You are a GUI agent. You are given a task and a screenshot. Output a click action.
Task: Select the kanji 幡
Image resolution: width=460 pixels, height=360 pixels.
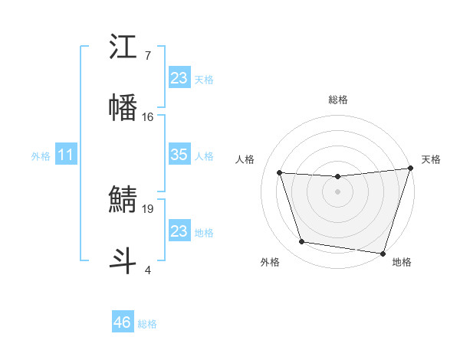click(x=123, y=107)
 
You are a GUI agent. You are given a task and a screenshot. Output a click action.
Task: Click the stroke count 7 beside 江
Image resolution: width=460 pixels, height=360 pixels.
click(x=148, y=56)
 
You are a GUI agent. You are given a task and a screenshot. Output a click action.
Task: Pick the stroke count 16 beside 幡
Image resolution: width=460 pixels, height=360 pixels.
click(x=148, y=116)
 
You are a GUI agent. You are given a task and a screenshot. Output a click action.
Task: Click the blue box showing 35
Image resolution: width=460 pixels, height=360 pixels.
click(x=179, y=155)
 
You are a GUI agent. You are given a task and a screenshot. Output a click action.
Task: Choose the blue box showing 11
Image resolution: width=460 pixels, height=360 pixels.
click(x=66, y=155)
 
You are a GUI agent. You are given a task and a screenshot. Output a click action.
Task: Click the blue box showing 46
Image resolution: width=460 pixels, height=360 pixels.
click(x=123, y=322)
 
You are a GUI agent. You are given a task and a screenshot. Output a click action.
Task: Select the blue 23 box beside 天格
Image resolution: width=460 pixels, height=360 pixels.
click(x=179, y=78)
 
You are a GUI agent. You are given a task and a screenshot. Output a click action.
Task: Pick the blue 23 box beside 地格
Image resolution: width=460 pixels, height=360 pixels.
click(x=179, y=231)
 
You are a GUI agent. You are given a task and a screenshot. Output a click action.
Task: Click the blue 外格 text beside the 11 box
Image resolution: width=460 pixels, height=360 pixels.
click(x=41, y=156)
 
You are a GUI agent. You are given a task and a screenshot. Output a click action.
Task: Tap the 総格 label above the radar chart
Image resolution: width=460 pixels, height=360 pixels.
click(x=338, y=100)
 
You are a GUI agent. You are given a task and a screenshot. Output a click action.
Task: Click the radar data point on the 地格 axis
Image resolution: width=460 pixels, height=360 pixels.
click(x=383, y=253)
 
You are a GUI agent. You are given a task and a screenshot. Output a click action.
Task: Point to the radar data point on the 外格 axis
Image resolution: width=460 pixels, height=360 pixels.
click(x=302, y=242)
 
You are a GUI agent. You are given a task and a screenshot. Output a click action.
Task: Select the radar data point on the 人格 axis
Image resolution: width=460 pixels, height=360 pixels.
click(x=280, y=173)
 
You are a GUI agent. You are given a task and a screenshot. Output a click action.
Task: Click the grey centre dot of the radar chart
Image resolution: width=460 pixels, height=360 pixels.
click(x=337, y=191)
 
